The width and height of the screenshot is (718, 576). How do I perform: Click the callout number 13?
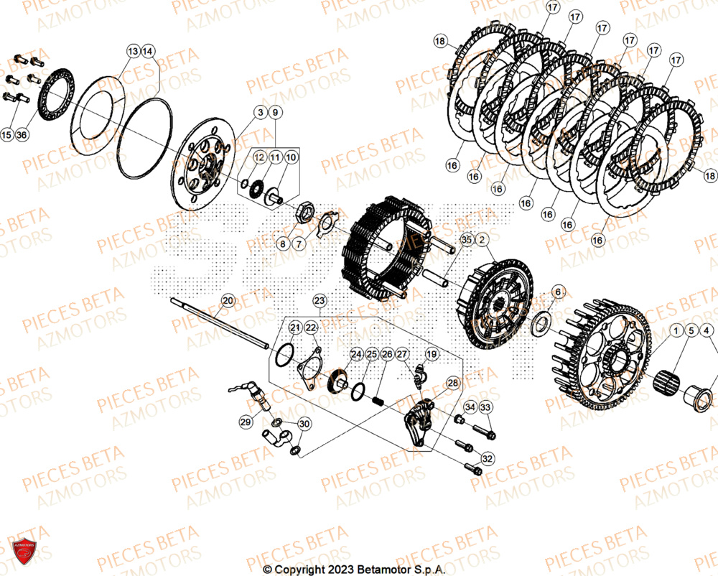pyautogui.click(x=133, y=51)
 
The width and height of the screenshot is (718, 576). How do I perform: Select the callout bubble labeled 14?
pyautogui.click(x=148, y=51)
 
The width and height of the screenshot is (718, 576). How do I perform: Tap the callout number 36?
pyautogui.click(x=22, y=135)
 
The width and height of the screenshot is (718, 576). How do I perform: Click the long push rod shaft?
pyautogui.click(x=215, y=324)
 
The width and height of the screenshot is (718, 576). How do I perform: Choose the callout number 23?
pyautogui.click(x=320, y=299)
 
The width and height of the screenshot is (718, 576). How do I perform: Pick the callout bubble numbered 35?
pyautogui.click(x=467, y=241)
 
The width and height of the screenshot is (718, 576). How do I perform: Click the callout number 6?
pyautogui.click(x=557, y=292)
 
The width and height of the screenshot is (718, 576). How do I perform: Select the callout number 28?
pyautogui.click(x=452, y=384)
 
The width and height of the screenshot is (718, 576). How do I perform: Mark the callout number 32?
pyautogui.click(x=488, y=458)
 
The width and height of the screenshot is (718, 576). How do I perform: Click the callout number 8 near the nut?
pyautogui.click(x=283, y=243)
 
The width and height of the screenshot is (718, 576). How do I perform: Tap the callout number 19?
pyautogui.click(x=432, y=354)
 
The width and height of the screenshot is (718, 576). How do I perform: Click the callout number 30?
pyautogui.click(x=304, y=424)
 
